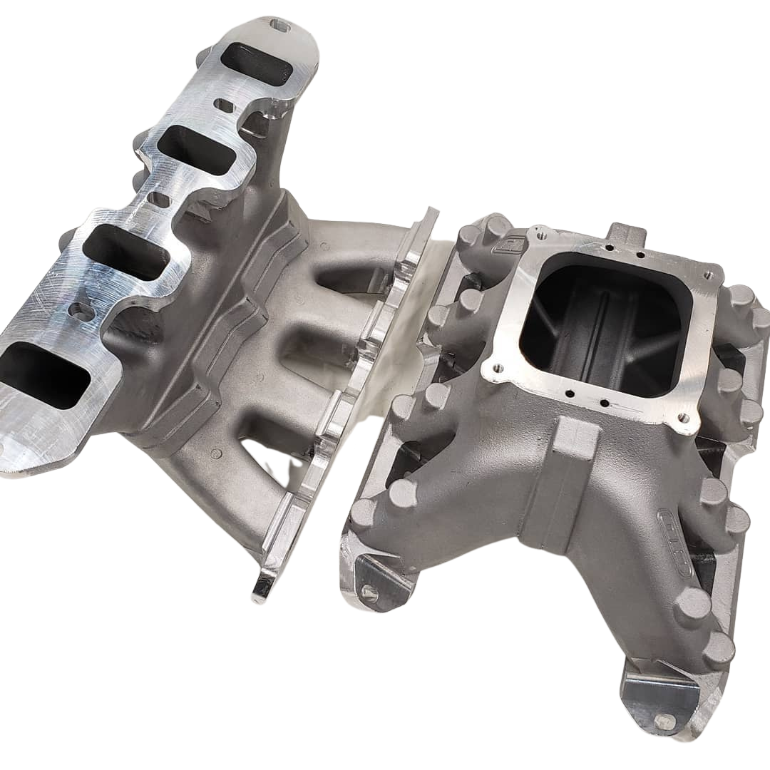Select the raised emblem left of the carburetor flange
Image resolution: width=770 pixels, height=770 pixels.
pos(513,245)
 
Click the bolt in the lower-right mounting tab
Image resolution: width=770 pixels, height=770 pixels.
pos(664,722)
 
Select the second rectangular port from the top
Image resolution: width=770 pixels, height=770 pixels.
pos(196,150)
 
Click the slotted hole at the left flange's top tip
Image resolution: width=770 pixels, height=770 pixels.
pos(280,26)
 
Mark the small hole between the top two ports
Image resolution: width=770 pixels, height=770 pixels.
pos(224,106)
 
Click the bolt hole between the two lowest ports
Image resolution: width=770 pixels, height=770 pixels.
pos(81,312)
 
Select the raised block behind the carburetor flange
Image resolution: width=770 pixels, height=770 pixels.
pos(625,235)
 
